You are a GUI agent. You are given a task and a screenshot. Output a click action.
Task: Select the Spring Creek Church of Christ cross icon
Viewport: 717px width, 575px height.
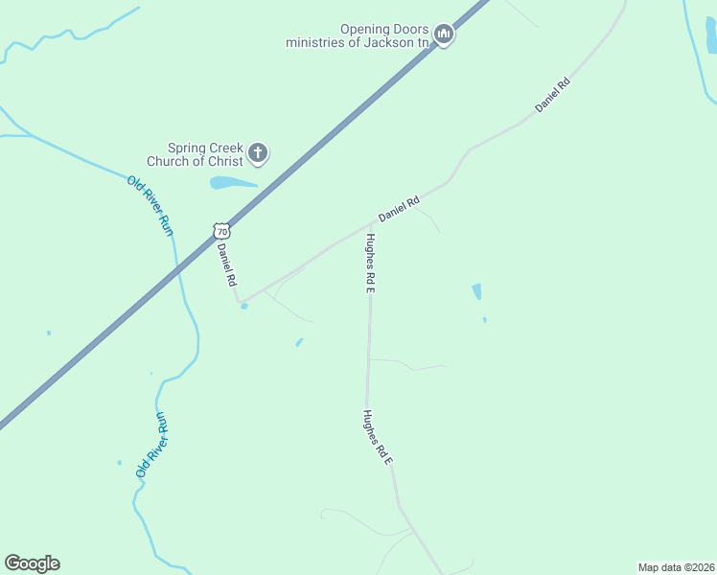pyautogui.click(x=258, y=152)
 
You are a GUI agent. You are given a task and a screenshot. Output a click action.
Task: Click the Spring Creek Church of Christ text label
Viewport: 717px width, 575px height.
pyautogui.click(x=204, y=154)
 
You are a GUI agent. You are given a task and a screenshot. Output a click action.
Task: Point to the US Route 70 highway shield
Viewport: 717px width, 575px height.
pyautogui.click(x=222, y=231)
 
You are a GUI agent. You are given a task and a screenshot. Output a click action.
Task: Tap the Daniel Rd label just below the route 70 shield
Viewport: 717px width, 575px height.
pyautogui.click(x=227, y=265)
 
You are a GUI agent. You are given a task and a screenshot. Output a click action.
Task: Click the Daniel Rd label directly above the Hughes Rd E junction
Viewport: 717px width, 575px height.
pyautogui.click(x=399, y=210)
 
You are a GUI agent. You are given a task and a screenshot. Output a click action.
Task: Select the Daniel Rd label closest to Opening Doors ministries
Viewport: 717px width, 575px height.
pyautogui.click(x=553, y=97)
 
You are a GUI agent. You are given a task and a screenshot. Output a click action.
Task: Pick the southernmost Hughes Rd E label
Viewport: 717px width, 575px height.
pyautogui.click(x=378, y=437)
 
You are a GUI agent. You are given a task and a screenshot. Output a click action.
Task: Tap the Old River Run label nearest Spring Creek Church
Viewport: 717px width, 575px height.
pyautogui.click(x=151, y=205)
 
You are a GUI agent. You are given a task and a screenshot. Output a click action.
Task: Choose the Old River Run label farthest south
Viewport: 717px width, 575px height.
pyautogui.click(x=152, y=445)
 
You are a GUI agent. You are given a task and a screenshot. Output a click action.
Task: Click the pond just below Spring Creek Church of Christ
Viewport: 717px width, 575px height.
pyautogui.click(x=233, y=182)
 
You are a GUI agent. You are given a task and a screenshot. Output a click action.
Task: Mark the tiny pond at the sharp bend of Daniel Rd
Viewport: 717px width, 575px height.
pyautogui.click(x=244, y=307)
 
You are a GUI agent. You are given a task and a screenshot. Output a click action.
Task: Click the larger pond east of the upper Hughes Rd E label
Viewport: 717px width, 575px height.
pyautogui.click(x=476, y=291)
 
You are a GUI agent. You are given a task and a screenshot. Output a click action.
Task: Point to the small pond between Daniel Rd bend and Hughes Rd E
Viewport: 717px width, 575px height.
pyautogui.click(x=300, y=342)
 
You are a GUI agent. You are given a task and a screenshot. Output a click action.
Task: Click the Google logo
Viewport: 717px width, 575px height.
pyautogui.click(x=32, y=563)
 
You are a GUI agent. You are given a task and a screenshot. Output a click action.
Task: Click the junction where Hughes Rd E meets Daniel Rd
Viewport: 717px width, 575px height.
pyautogui.click(x=371, y=221)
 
